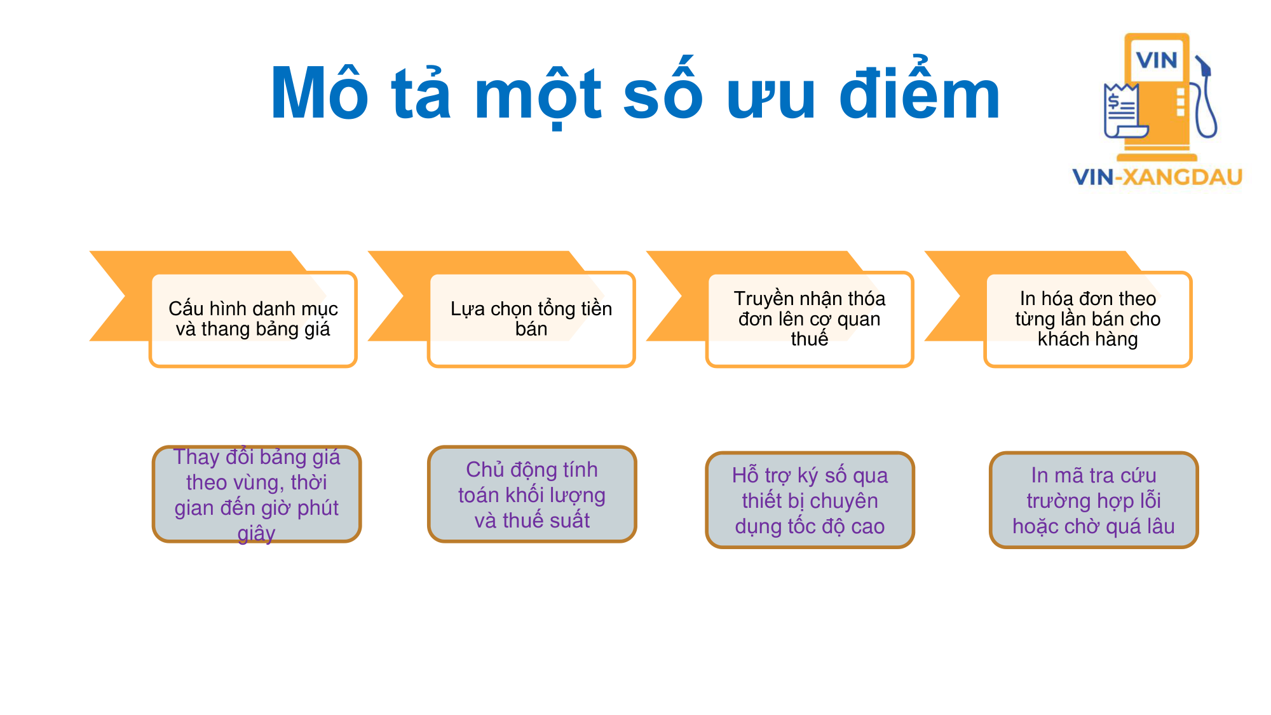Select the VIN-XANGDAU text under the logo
pyautogui.click(x=1157, y=177)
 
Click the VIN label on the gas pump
pyautogui.click(x=1157, y=60)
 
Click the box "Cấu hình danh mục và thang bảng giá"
pyautogui.click(x=253, y=319)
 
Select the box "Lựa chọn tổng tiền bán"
pyautogui.click(x=531, y=319)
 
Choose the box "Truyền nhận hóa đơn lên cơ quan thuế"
pyautogui.click(x=810, y=319)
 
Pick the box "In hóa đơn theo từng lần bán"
pyautogui.click(x=1088, y=319)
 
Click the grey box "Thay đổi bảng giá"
pyautogui.click(x=257, y=494)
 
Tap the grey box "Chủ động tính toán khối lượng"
pyautogui.click(x=532, y=494)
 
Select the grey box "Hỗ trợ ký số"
pyautogui.click(x=810, y=500)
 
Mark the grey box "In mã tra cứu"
pyautogui.click(x=1094, y=500)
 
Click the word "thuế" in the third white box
pyautogui.click(x=810, y=338)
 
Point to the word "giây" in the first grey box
pyautogui.click(x=257, y=533)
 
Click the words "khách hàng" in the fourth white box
pyautogui.click(x=1088, y=339)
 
